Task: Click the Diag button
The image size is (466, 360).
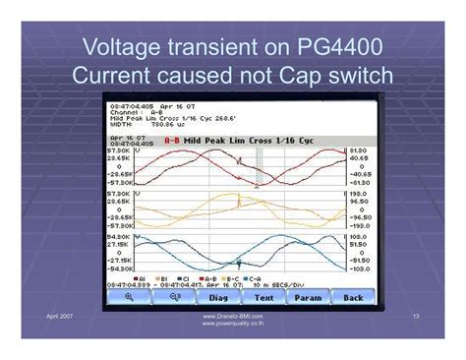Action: pyautogui.click(x=219, y=297)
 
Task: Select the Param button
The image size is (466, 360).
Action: pyautogui.click(x=307, y=297)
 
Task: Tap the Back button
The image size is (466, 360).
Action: pyautogui.click(x=352, y=297)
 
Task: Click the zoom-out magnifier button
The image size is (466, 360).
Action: pyautogui.click(x=174, y=297)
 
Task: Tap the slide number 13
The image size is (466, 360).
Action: pyautogui.click(x=417, y=316)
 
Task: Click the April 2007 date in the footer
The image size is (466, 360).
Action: pyautogui.click(x=61, y=316)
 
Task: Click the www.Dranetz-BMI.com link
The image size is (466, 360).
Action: pyautogui.click(x=233, y=316)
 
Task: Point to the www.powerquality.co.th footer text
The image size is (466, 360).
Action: pyautogui.click(x=233, y=323)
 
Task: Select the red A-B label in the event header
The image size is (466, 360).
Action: pyautogui.click(x=171, y=141)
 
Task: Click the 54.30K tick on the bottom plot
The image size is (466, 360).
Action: pyautogui.click(x=118, y=236)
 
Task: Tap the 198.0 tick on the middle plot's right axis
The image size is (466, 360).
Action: pyautogui.click(x=357, y=194)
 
